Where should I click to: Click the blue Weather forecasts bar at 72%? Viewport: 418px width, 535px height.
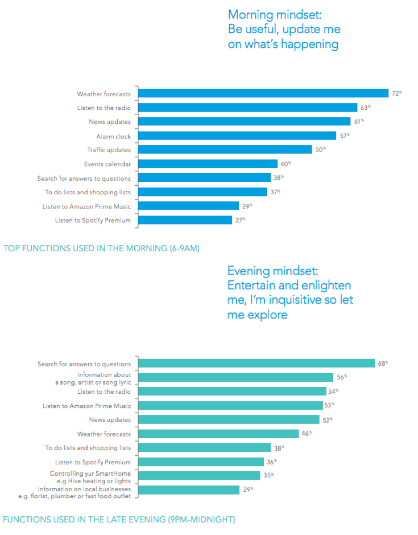pos(263,93)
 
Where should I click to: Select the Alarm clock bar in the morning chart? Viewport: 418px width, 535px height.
pos(237,136)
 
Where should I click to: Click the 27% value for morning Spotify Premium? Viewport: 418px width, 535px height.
pos(240,220)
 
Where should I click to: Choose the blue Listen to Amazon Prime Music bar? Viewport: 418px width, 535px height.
pos(189,206)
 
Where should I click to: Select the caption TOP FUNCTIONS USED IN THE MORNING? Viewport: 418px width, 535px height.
pos(101,248)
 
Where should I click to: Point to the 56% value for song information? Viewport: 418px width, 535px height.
pos(341,377)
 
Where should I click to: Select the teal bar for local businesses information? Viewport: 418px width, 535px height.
pos(189,489)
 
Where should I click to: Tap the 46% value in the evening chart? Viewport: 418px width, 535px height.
pos(306,433)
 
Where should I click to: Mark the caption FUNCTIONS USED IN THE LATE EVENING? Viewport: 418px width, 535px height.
pos(118,519)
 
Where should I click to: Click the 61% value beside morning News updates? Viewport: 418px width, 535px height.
pos(358,121)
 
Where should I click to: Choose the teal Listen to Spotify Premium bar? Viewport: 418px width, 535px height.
pos(201,462)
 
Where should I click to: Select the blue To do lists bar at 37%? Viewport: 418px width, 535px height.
pos(202,192)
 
